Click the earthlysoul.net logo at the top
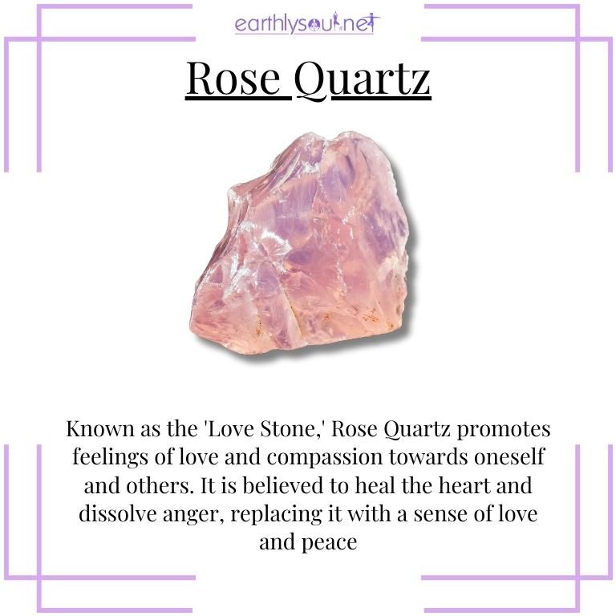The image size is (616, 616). (308, 22)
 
